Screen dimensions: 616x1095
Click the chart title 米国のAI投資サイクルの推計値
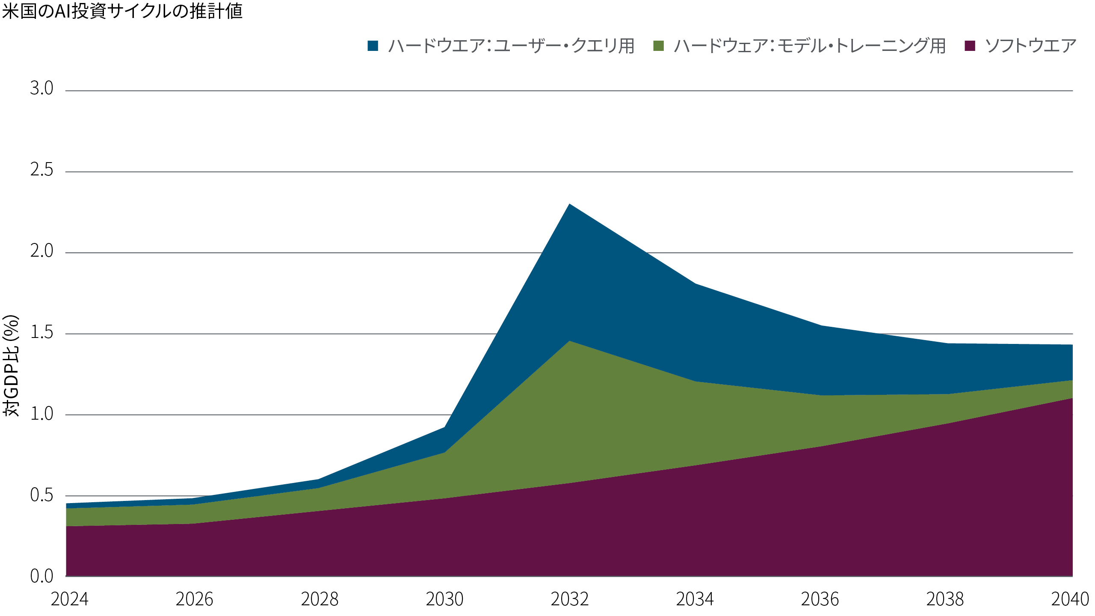122,11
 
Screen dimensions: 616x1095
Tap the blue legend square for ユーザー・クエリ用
373,46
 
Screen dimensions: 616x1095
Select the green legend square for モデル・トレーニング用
659,46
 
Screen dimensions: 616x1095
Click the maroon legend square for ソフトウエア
970,46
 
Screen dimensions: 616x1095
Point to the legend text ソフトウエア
1031,46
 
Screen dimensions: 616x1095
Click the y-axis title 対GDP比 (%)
12,366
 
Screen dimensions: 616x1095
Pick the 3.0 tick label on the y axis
41,88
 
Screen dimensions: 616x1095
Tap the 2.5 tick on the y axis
41,170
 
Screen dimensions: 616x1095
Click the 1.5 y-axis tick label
41,332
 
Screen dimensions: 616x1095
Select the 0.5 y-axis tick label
41,495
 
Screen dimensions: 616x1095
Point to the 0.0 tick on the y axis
41,576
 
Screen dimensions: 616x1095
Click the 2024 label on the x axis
69,599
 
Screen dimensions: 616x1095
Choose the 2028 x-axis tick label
320,599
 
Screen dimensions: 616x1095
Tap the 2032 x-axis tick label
570,599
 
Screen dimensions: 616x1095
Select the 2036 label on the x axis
820,599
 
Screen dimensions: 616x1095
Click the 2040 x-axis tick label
1070,599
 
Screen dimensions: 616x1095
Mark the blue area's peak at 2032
569,204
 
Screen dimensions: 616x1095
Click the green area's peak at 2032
569,341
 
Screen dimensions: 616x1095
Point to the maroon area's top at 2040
1071,399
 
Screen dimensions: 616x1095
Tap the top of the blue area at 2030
444,427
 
